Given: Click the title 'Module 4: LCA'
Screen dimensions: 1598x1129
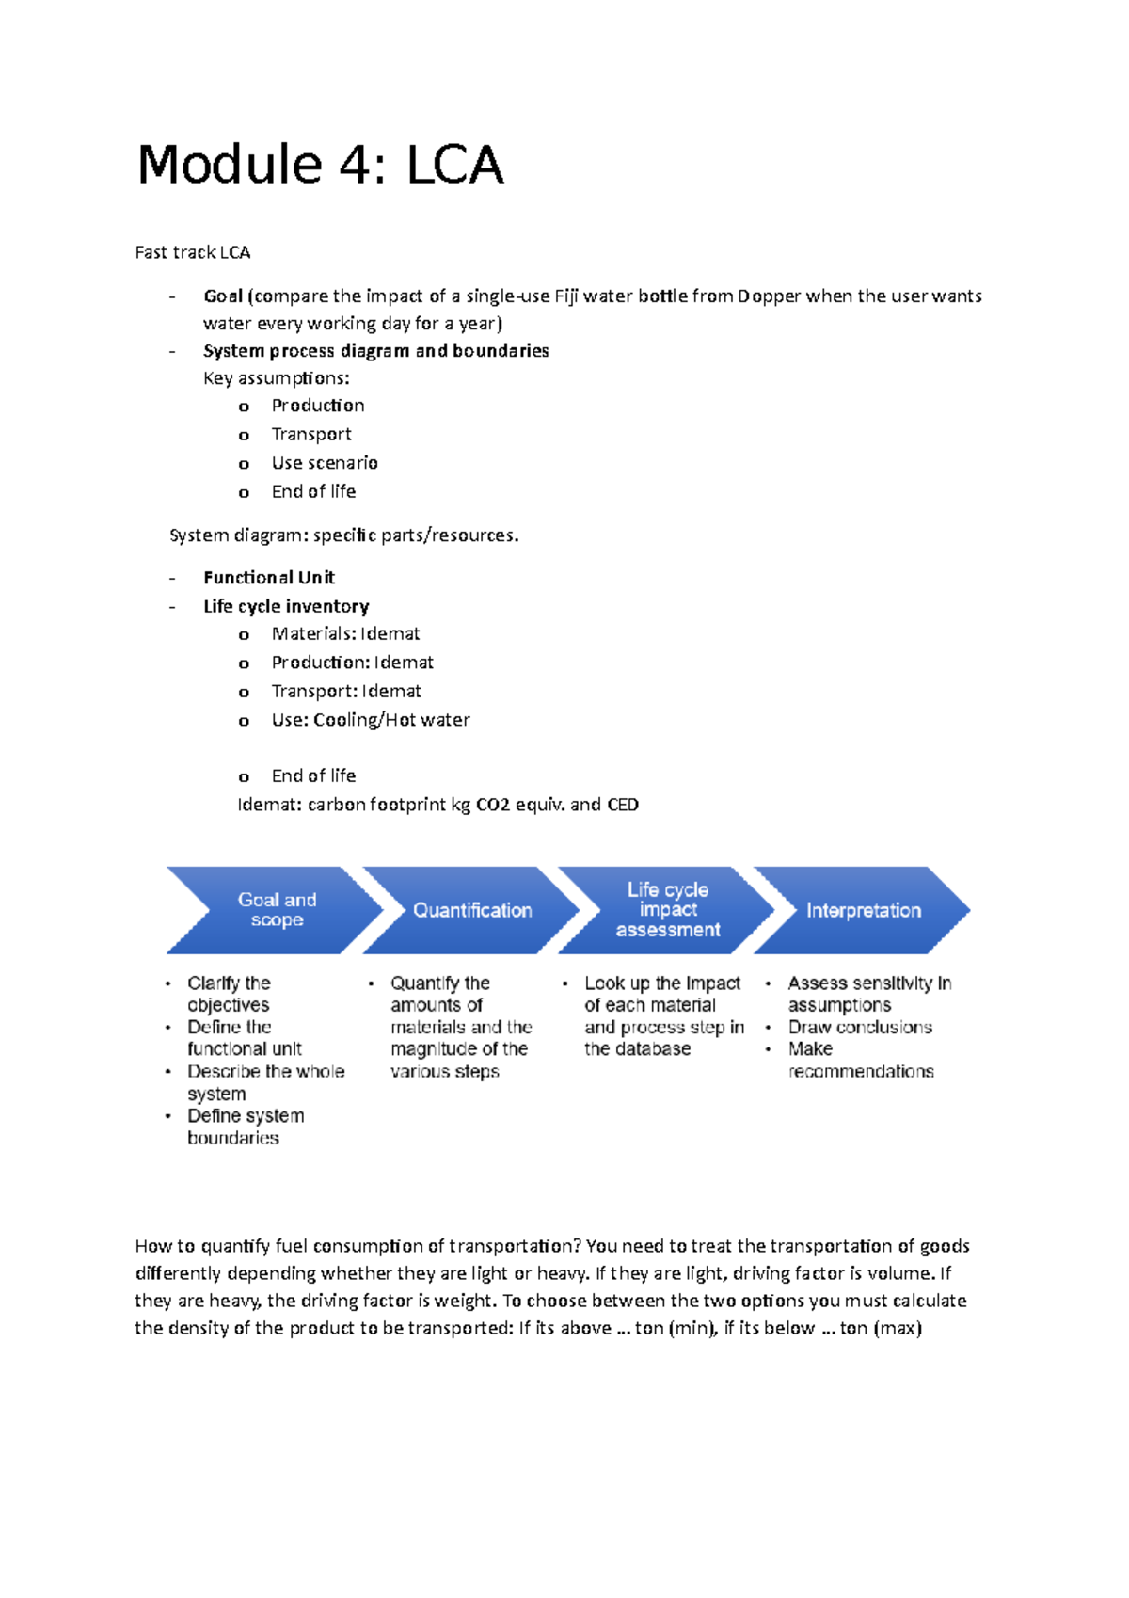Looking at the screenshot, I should coord(320,165).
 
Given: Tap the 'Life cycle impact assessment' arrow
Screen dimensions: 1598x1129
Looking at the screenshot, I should coord(668,910).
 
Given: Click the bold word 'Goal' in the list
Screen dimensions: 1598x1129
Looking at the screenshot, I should coord(223,296).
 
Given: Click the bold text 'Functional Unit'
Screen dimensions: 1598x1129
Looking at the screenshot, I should coord(269,578).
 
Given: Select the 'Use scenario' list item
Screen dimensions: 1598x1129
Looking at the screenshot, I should coord(325,463).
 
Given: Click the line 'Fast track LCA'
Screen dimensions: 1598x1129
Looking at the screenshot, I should coord(193,252).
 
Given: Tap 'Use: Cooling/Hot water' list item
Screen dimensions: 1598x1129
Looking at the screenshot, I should coord(371,720).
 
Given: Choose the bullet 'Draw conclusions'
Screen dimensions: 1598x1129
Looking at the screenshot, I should coord(860,1028).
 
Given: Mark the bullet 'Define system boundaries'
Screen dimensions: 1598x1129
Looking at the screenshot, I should coord(246,1127).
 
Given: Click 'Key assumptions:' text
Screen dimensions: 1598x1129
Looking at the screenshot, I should coord(277,378).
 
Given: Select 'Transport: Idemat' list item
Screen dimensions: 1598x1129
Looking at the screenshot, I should coord(346,692).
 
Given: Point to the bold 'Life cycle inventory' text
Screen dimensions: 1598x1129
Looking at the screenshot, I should coord(286,607).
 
